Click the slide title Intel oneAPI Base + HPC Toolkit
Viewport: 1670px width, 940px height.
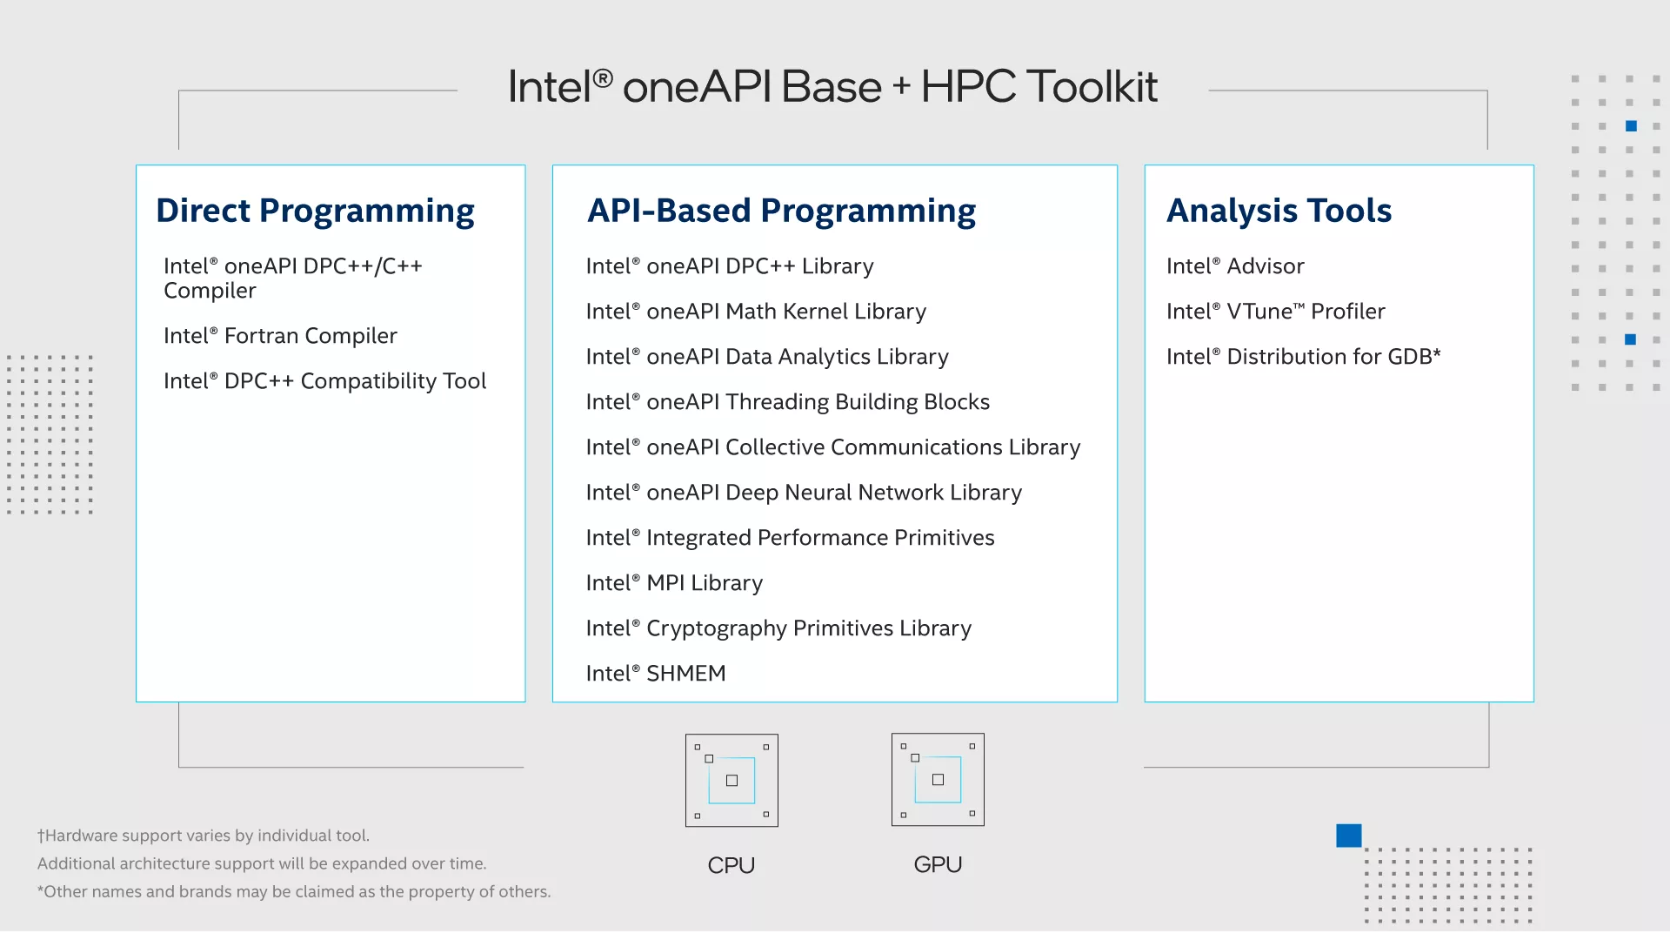(832, 87)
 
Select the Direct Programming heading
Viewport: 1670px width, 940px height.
(315, 211)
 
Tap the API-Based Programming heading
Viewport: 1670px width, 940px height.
(781, 211)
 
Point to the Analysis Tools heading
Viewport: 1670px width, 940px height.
(1279, 211)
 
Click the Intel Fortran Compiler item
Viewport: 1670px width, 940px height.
(280, 336)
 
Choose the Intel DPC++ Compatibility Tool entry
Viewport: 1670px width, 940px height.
(324, 381)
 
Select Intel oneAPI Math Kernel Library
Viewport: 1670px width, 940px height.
(756, 312)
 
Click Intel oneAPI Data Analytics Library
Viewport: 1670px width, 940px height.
(767, 357)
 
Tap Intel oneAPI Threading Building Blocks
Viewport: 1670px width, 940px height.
(787, 402)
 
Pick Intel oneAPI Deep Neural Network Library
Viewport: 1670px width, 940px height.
(804, 493)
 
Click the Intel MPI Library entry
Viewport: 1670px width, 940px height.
(674, 583)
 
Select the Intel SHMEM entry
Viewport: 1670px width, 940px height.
(656, 674)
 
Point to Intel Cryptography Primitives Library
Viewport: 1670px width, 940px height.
(778, 628)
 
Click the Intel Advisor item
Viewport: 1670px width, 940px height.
(1235, 266)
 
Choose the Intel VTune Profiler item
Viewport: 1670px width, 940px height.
(1275, 312)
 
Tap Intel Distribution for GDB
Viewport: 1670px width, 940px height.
(1303, 357)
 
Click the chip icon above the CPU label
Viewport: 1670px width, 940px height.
(731, 780)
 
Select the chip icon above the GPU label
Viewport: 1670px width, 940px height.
(938, 780)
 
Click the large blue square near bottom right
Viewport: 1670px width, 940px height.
(1349, 836)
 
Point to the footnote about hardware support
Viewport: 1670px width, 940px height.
(204, 836)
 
